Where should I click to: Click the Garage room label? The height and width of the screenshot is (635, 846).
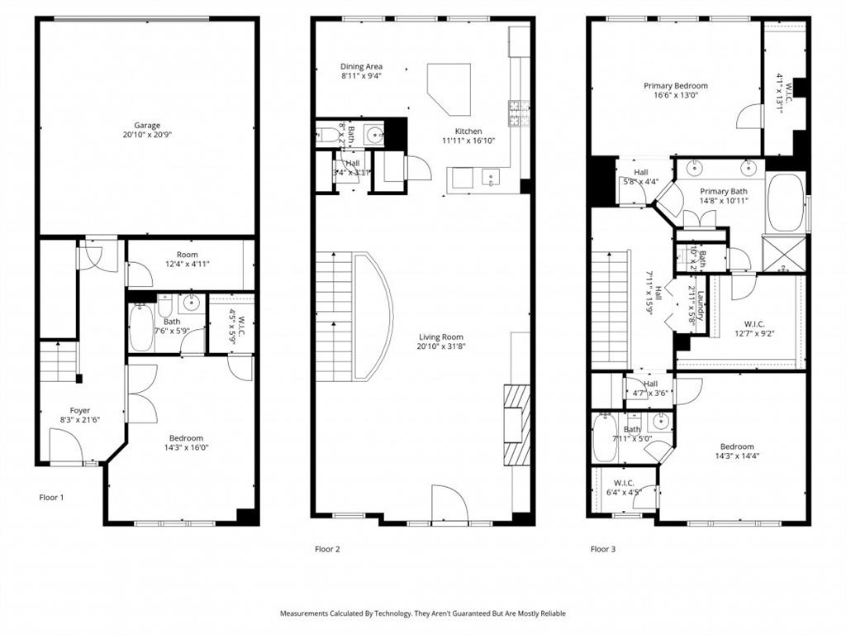point(146,126)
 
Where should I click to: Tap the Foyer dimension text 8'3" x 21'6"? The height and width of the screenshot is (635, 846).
point(79,420)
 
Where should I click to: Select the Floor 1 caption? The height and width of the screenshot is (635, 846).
point(51,498)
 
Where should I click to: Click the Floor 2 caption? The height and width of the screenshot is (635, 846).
point(326,549)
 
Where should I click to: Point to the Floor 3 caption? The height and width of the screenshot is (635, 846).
point(602,549)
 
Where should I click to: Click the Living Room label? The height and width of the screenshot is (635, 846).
point(440,337)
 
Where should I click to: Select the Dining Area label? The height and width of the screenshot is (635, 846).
point(361,67)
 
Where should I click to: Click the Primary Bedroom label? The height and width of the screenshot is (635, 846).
point(676,85)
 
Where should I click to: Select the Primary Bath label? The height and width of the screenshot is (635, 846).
point(724,191)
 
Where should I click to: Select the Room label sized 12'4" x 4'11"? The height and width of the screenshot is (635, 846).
point(188,255)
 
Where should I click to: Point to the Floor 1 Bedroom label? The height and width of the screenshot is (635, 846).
point(186,438)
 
